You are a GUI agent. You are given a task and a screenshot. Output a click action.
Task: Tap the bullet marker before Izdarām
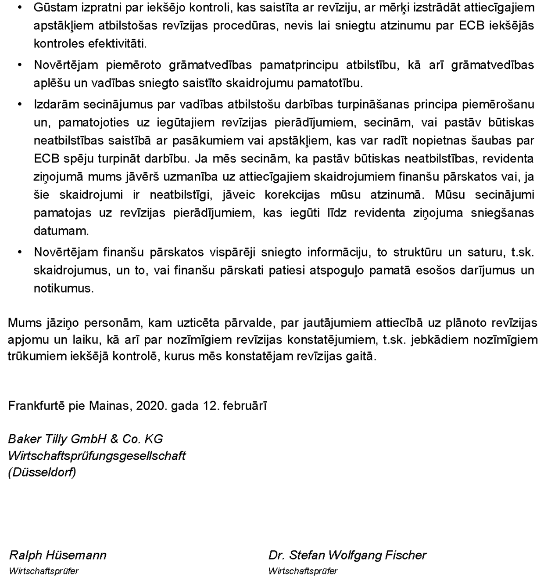(19, 105)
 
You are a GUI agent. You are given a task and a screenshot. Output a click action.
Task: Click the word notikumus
(64, 288)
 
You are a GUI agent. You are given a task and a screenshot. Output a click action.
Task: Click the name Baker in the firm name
(24, 439)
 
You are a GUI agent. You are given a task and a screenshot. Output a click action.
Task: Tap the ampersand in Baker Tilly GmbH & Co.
(115, 439)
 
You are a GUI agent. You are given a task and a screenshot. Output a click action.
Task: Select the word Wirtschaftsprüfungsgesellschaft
(97, 455)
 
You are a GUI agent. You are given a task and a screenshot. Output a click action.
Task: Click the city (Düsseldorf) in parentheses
(42, 472)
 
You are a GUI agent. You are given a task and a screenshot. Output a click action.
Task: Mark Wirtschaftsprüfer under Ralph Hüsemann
(43, 571)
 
